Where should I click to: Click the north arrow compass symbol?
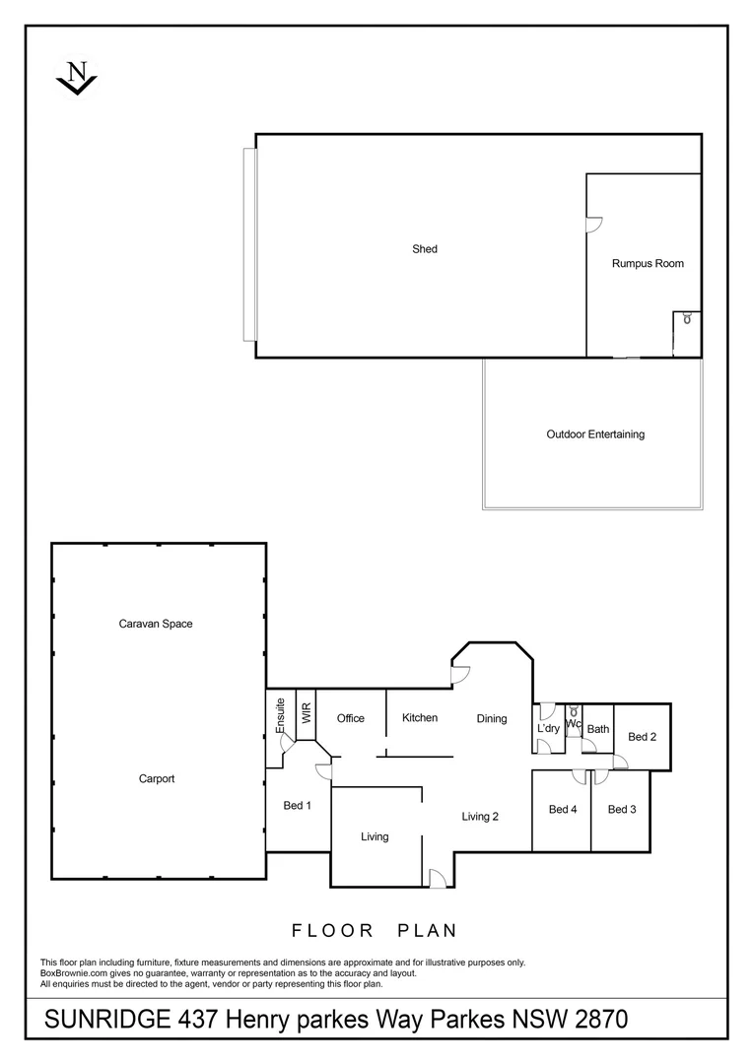point(77,77)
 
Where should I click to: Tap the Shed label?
point(425,249)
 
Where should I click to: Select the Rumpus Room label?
point(648,263)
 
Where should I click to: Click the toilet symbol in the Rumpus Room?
point(687,318)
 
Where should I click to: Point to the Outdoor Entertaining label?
point(595,433)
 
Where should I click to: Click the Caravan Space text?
point(156,624)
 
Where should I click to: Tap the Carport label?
point(157,778)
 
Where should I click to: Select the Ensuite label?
point(281,716)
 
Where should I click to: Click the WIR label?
point(307,713)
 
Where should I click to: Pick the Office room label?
point(351,718)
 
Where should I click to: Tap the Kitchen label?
point(420,717)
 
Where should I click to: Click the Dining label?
point(492,718)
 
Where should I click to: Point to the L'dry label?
point(548,728)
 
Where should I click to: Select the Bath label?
point(598,729)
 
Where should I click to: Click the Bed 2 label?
point(642,736)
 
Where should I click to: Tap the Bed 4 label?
point(563,809)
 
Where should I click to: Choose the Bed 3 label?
point(622,809)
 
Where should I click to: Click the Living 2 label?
point(481,816)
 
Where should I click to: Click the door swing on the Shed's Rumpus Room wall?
point(593,226)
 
